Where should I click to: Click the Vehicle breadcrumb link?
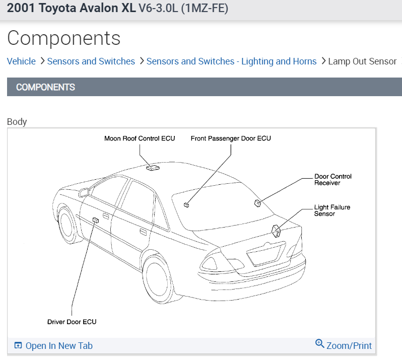21,61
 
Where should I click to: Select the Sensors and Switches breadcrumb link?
91,61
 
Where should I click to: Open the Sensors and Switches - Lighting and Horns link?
231,61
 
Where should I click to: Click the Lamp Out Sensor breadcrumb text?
362,61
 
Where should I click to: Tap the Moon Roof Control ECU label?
140,138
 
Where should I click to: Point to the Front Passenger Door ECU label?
231,138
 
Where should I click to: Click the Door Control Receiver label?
333,180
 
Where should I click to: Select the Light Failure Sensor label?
332,210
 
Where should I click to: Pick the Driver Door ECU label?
72,322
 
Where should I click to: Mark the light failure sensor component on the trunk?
277,231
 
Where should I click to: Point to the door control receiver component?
257,203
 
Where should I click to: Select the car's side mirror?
84,191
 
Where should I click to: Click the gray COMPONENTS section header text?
45,87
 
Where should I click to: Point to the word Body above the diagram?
17,121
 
